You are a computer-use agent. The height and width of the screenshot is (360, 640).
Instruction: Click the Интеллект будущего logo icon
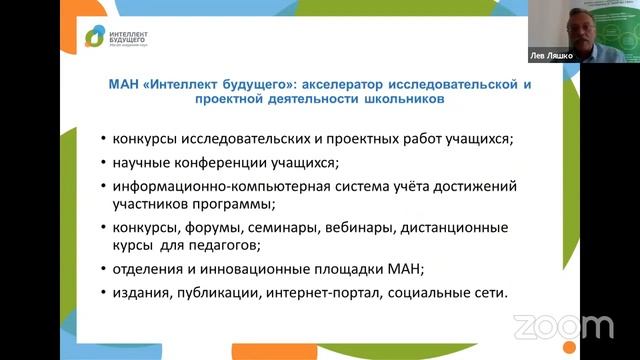[x=93, y=38]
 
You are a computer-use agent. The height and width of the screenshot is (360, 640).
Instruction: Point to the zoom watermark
[x=563, y=326]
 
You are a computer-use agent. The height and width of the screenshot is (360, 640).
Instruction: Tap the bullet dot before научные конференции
[x=104, y=163]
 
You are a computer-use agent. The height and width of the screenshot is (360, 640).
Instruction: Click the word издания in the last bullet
[x=142, y=293]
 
